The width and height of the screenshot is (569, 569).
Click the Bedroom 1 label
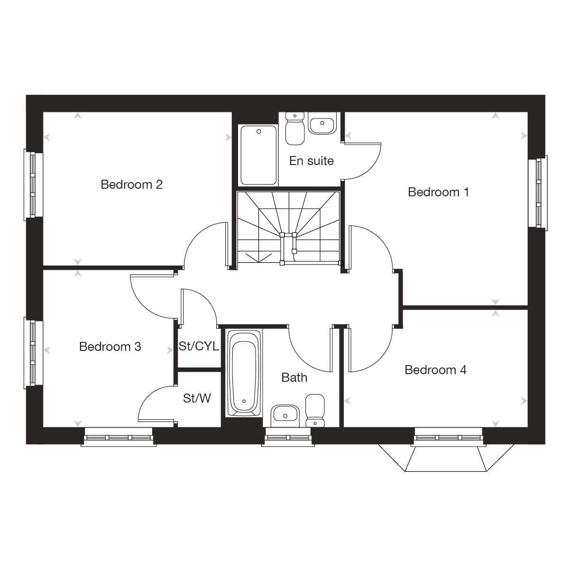(x=438, y=192)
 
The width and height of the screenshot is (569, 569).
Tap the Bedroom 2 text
(x=131, y=184)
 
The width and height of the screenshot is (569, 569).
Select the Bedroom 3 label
(x=110, y=347)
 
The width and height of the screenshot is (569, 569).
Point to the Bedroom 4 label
(x=435, y=370)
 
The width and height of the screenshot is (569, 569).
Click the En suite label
(x=311, y=161)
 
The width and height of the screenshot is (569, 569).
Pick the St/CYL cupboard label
(x=199, y=346)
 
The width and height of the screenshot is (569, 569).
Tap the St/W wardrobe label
(x=197, y=398)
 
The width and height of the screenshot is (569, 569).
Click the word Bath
(x=294, y=377)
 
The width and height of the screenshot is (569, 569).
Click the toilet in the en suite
(x=295, y=128)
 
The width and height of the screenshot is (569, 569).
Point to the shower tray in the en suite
(x=258, y=155)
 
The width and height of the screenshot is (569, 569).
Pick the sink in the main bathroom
(x=284, y=415)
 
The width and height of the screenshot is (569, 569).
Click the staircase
(x=288, y=228)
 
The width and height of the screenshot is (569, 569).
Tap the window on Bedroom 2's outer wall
(x=30, y=184)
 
